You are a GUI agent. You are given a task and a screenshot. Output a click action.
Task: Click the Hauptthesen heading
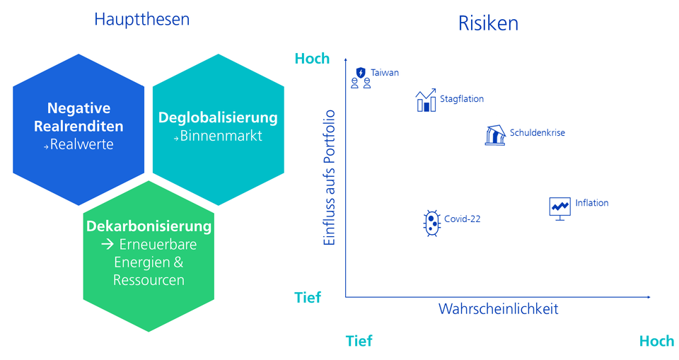pos(141,19)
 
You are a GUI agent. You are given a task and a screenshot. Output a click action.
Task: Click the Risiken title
pos(488,23)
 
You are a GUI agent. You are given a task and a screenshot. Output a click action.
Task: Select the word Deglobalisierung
pos(218,117)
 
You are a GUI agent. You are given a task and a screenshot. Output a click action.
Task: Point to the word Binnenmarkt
pos(221,136)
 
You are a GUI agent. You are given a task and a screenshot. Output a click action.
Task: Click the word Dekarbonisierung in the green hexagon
pos(149,227)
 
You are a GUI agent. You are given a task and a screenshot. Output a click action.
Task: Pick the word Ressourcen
pos(149,280)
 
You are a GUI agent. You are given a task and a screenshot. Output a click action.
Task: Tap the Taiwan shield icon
pos(361,73)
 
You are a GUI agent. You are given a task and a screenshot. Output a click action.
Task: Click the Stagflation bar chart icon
pos(426,101)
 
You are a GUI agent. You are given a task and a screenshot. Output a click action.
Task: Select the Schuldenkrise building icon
pos(495,135)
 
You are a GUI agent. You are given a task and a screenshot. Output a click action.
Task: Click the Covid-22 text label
pos(462,219)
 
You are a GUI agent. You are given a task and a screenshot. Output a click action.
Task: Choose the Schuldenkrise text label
pos(537,132)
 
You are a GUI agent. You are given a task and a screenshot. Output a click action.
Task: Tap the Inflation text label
pos(591,203)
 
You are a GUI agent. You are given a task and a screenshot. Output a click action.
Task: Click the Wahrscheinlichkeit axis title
pos(498,309)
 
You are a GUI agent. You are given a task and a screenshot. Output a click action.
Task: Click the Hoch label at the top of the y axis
pos(312,59)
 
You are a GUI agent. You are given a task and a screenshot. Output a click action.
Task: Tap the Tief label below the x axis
pos(359,341)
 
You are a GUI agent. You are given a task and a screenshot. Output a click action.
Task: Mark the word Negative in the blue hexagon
pos(79,108)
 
